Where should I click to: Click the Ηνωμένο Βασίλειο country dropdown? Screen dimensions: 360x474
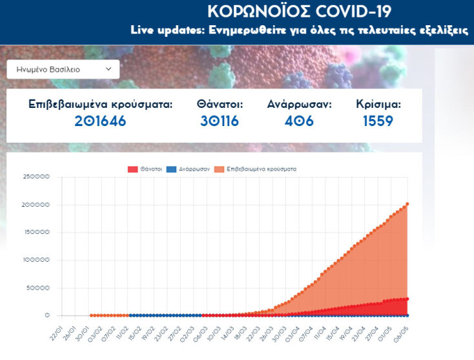point(63,69)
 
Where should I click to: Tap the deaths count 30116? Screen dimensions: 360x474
point(220,121)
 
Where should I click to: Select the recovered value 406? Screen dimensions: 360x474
point(299,121)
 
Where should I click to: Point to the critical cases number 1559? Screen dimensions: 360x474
point(378,121)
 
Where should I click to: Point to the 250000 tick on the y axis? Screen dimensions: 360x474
point(36,177)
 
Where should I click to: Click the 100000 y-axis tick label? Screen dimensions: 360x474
point(36,260)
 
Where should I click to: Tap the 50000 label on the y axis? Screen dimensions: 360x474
point(37,288)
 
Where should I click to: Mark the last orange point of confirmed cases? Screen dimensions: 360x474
point(407,204)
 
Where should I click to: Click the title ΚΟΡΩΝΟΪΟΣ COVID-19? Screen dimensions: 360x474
point(299,12)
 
